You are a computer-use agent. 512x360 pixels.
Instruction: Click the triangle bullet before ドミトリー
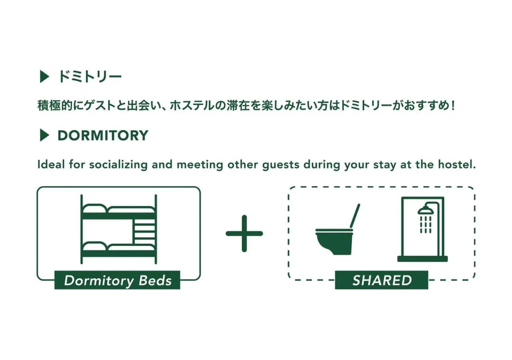tap(44, 76)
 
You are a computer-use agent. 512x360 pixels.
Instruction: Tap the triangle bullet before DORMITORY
tap(44, 135)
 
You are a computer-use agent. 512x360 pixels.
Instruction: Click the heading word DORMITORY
tap(103, 135)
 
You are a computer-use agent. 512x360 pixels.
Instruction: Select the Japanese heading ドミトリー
tap(90, 76)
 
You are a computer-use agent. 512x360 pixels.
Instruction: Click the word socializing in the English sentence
tap(118, 165)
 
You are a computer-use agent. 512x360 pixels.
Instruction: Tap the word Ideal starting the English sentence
tap(51, 164)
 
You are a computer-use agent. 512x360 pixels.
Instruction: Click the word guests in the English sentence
tap(281, 165)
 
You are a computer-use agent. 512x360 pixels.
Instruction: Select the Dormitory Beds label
tap(117, 280)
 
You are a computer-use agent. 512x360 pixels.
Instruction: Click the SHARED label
tap(382, 280)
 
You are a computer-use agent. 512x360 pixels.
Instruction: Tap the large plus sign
tap(244, 234)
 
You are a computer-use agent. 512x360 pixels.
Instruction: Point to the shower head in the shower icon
tap(426, 210)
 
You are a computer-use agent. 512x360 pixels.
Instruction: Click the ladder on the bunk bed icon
tap(144, 232)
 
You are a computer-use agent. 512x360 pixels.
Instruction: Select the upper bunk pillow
tap(95, 208)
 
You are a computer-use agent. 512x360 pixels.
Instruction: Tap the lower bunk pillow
tap(95, 246)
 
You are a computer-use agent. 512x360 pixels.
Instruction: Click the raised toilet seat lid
tap(355, 216)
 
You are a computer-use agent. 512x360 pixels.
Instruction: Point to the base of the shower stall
tap(422, 259)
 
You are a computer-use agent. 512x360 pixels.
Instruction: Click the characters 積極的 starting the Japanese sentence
tap(55, 106)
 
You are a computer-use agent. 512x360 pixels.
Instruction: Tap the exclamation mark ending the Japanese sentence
tap(453, 106)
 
